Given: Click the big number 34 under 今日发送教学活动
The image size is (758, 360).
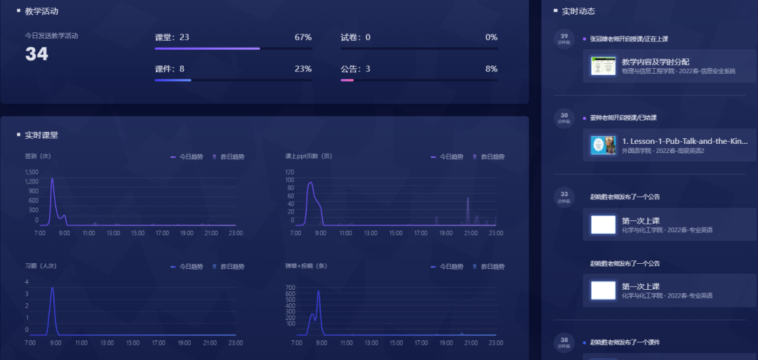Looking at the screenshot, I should click(x=36, y=54).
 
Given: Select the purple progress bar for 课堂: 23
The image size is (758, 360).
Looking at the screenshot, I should click(x=207, y=48).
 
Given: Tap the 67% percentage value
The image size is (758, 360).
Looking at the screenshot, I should click(x=303, y=37).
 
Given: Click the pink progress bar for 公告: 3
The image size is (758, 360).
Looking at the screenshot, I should click(x=347, y=80).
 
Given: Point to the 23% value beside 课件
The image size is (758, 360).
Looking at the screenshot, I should click(x=303, y=69).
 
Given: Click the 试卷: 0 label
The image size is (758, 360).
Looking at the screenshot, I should click(x=355, y=37).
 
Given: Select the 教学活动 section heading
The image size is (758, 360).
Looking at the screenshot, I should click(x=41, y=11).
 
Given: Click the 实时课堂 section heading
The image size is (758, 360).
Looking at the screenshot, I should click(x=41, y=135).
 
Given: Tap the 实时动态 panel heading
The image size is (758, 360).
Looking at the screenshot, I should click(x=578, y=11).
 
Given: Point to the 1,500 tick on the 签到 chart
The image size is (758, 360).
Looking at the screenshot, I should click(x=32, y=172).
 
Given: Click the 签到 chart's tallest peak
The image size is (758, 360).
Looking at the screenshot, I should click(x=52, y=179).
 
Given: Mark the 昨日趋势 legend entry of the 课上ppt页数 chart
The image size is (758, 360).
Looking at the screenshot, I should click(x=489, y=156).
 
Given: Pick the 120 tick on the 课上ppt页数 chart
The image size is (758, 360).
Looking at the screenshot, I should click(x=290, y=171).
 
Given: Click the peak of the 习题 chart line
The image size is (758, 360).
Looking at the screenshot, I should click(x=52, y=288).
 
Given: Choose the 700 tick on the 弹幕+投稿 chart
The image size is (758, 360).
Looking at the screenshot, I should click(x=291, y=288).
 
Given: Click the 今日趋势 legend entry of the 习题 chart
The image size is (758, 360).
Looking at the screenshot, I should click(x=187, y=267).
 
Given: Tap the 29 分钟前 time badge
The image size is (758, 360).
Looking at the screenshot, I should click(x=564, y=38).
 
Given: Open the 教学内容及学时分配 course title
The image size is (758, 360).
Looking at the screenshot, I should click(x=655, y=62).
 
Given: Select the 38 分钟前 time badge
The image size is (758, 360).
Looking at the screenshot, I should click(x=564, y=342).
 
